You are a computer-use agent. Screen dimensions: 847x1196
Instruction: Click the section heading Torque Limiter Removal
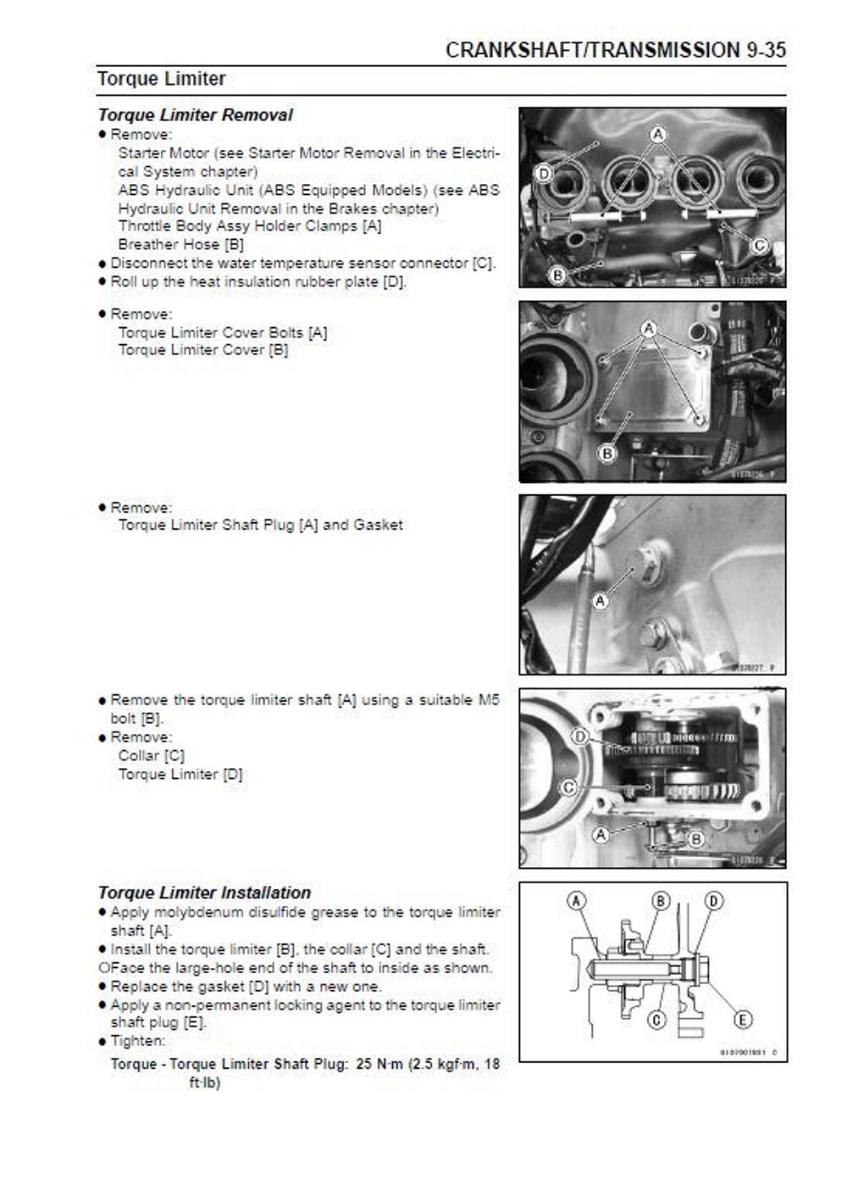pyautogui.click(x=195, y=115)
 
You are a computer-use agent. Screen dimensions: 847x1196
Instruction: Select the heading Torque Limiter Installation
pyautogui.click(x=204, y=893)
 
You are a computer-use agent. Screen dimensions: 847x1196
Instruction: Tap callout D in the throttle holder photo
pyautogui.click(x=544, y=174)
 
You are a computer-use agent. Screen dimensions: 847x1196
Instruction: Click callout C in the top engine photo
pyautogui.click(x=759, y=246)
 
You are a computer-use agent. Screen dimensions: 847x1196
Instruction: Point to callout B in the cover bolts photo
pyautogui.click(x=607, y=453)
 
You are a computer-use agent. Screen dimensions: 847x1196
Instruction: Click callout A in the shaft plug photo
pyautogui.click(x=600, y=601)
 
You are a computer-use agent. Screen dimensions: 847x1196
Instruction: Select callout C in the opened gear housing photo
pyautogui.click(x=568, y=787)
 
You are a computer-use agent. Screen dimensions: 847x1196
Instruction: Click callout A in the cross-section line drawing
pyautogui.click(x=576, y=901)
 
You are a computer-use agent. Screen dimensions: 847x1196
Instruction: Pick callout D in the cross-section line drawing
pyautogui.click(x=714, y=901)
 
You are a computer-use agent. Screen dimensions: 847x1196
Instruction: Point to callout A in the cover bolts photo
pyautogui.click(x=649, y=328)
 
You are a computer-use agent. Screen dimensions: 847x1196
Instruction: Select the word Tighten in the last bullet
pyautogui.click(x=136, y=1041)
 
